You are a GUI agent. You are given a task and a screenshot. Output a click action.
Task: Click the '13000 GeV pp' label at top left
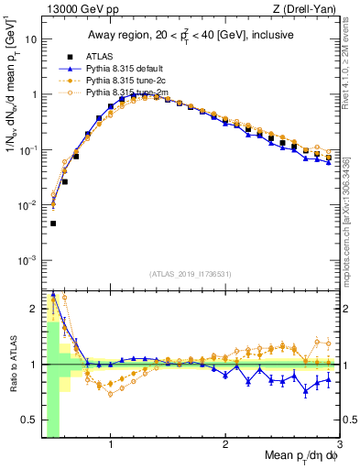click(x=71, y=9)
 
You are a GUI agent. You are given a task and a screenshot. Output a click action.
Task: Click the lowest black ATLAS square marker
click(x=53, y=224)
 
